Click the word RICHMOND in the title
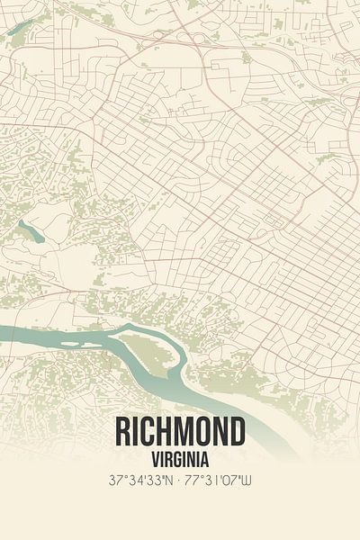pyautogui.click(x=180, y=433)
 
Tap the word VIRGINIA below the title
pyautogui.click(x=180, y=459)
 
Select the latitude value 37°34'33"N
pyautogui.click(x=139, y=481)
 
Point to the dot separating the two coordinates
pyautogui.click(x=180, y=481)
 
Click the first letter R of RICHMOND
pyautogui.click(x=123, y=433)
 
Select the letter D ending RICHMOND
pyautogui.click(x=237, y=433)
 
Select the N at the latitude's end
pyautogui.click(x=168, y=481)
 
